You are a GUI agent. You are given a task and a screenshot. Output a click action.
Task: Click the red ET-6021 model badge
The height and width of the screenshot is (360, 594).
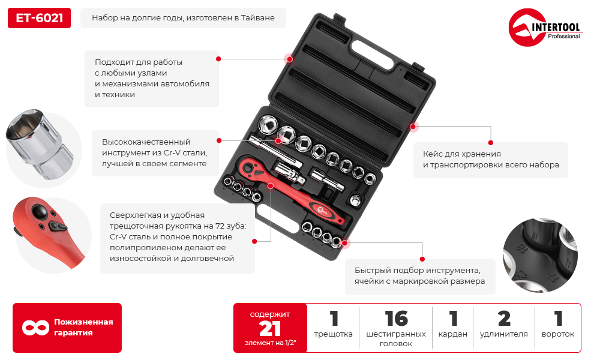pos(39,18)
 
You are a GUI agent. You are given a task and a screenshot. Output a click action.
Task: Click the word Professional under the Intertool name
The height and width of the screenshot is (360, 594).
pos(563,37)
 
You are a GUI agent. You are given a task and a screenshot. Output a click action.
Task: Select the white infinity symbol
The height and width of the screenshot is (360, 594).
pos(35,328)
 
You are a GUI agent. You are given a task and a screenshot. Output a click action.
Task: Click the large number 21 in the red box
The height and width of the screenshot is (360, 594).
pos(270,329)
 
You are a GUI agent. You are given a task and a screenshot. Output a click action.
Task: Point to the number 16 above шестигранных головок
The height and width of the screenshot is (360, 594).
pos(396,319)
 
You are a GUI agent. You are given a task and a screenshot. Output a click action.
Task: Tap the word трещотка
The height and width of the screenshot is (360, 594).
pos(333,334)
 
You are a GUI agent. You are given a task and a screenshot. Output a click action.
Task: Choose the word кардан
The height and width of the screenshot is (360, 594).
pos(452,334)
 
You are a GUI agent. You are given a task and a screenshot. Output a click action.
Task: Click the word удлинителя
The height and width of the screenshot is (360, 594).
pos(503,334)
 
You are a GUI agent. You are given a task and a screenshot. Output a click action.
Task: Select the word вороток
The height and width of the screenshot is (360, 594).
pos(557,334)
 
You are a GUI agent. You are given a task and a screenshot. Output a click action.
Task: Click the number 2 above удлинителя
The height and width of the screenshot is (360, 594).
pos(504,319)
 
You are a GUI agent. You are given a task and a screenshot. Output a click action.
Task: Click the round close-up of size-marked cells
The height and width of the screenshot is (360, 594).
pos(540,255)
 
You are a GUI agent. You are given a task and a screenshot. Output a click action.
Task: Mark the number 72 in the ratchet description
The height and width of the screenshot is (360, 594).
pos(220,226)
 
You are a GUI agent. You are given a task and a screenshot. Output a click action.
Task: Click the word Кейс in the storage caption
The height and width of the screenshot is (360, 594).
pos(432,154)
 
